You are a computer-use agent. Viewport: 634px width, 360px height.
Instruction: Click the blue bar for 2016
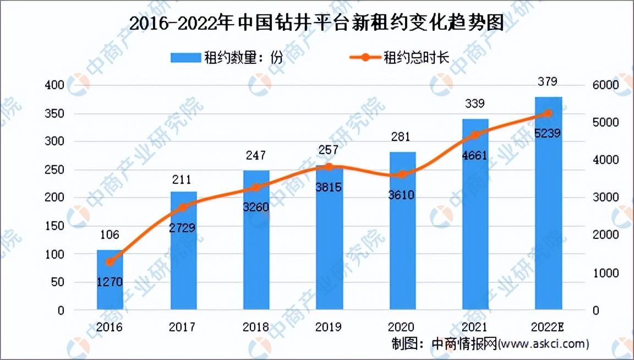(x=110, y=280)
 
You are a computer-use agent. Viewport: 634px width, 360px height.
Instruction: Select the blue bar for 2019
(x=329, y=237)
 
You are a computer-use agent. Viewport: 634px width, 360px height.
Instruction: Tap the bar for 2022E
(x=548, y=203)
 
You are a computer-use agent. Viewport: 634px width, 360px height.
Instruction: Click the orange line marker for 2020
(x=402, y=174)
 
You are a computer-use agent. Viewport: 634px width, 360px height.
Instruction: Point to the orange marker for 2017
(x=183, y=208)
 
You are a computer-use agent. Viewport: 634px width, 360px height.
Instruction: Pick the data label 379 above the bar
(x=548, y=81)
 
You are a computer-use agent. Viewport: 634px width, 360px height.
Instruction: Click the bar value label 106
(x=110, y=234)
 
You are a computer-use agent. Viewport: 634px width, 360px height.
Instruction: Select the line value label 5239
(x=548, y=133)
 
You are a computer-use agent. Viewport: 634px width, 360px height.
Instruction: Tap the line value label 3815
(x=329, y=187)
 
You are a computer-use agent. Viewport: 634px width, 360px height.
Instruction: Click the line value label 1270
(x=110, y=281)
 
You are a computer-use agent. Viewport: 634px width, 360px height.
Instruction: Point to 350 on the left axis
(x=54, y=113)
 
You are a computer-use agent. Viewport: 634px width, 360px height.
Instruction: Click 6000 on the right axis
(x=606, y=85)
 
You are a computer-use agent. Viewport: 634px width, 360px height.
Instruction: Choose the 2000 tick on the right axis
(x=606, y=235)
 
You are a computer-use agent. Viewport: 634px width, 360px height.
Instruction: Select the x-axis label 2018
(x=255, y=327)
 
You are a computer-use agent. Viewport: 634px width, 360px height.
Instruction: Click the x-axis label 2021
(x=475, y=327)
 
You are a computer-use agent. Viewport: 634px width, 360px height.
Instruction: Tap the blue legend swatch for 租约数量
(x=185, y=57)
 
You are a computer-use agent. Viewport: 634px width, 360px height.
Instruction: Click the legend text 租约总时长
(x=417, y=57)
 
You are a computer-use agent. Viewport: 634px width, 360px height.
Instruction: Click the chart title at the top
(x=316, y=23)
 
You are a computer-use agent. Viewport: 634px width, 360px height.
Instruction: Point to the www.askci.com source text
(x=543, y=344)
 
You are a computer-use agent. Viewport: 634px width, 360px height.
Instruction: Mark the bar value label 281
(x=401, y=137)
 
